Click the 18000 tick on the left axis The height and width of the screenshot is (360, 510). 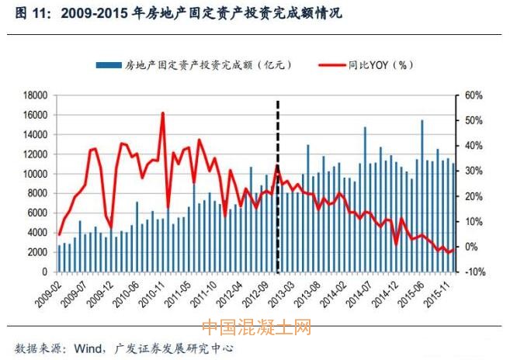(36, 95)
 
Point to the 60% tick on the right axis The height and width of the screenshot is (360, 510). (474, 95)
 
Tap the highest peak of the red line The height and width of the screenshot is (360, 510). (162, 113)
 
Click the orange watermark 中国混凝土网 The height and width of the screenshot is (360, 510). (257, 330)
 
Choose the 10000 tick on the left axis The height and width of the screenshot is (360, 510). (36, 174)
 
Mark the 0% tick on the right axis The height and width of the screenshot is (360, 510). (472, 247)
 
